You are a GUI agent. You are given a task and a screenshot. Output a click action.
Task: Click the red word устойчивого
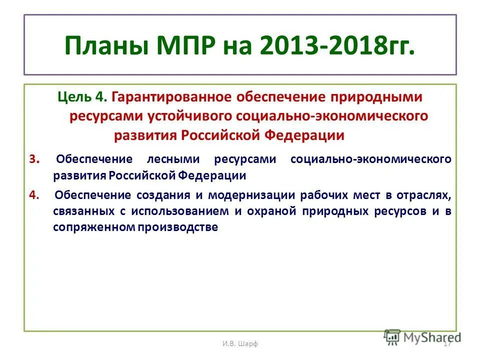[183, 116]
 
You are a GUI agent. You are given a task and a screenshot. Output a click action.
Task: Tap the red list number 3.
[33, 159]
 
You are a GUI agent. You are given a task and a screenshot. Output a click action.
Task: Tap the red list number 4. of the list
[34, 194]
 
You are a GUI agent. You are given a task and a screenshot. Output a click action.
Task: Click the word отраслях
[426, 194]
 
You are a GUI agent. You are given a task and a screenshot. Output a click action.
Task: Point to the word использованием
[181, 210]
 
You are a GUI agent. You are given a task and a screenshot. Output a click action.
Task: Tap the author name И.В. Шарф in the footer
[240, 343]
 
